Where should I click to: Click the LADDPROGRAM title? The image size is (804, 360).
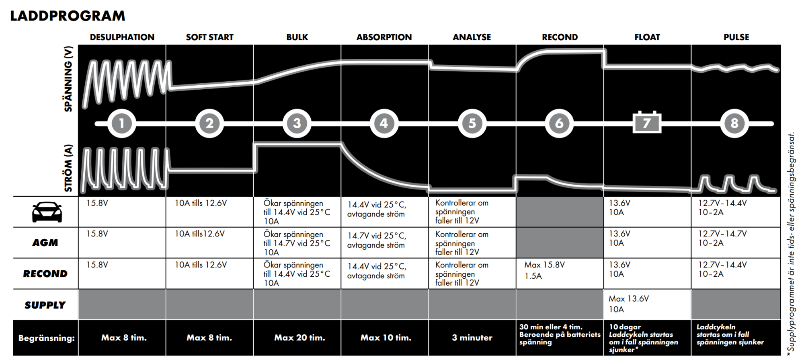coord(68,16)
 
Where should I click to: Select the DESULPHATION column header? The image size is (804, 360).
coord(122,37)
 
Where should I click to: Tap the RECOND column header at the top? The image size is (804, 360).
coord(560,37)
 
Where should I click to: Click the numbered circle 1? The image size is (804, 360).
coord(121,123)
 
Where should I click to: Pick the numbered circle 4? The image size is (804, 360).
coord(384,123)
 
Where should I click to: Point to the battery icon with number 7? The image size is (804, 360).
coord(647,122)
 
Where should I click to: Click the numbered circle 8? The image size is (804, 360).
coord(734,123)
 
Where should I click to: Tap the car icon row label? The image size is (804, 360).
coord(47,212)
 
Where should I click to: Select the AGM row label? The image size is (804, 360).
coord(45,243)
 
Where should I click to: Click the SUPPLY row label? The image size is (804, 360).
coord(45,305)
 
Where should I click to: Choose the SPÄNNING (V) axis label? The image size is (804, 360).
coord(68,79)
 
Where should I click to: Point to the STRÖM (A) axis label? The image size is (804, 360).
coord(68,168)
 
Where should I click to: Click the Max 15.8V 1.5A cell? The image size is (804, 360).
coord(544,270)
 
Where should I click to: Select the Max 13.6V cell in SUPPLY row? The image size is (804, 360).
coord(629,304)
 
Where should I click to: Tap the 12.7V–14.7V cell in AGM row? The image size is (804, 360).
coord(722,238)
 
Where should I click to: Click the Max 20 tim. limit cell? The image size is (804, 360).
coord(299,338)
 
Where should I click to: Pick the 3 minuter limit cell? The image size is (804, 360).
coord(472,338)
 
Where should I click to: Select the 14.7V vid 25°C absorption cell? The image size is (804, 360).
coord(377,241)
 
